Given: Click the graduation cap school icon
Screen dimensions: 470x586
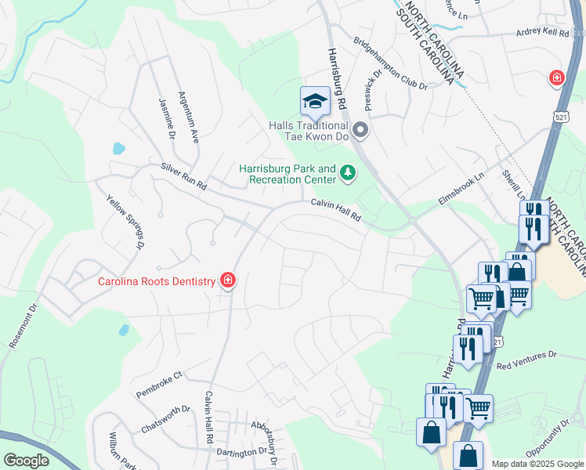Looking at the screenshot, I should coord(315,101).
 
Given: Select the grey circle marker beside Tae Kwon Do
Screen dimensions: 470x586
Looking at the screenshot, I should coord(360,128).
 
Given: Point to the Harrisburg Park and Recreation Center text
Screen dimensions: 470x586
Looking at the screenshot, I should coord(287,174).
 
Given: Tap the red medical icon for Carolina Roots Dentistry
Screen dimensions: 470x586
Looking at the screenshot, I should coord(228,280).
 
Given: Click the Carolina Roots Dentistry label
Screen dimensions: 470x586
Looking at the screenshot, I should coord(156,282).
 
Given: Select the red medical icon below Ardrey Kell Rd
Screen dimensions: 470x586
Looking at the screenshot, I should coord(556,78).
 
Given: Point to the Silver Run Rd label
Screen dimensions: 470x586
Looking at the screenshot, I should coord(183,176).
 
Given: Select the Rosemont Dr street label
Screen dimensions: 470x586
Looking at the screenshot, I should coord(23,327).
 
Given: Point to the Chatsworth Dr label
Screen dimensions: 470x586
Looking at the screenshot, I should coord(165,419).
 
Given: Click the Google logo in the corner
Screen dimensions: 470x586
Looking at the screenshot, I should coord(26,461).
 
